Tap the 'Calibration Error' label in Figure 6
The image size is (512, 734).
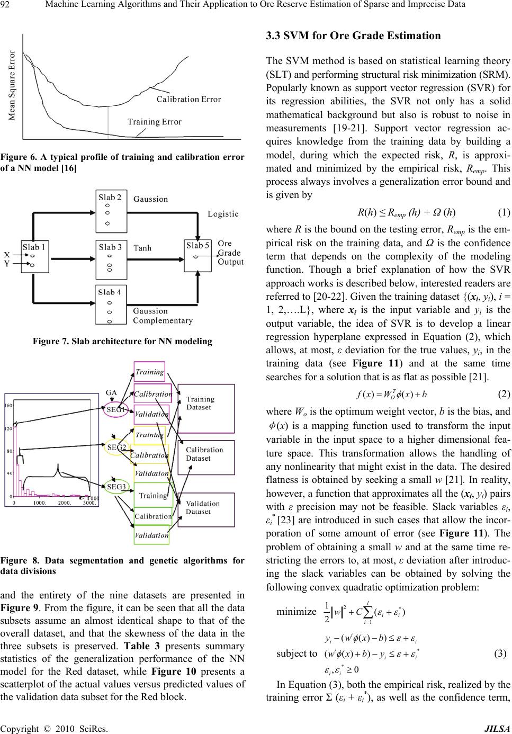(188, 99)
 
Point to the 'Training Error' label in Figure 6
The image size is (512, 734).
(155, 122)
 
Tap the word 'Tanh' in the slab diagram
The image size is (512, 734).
(142, 247)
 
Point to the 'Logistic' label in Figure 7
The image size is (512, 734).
(222, 214)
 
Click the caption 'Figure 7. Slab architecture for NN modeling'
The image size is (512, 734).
(122, 342)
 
